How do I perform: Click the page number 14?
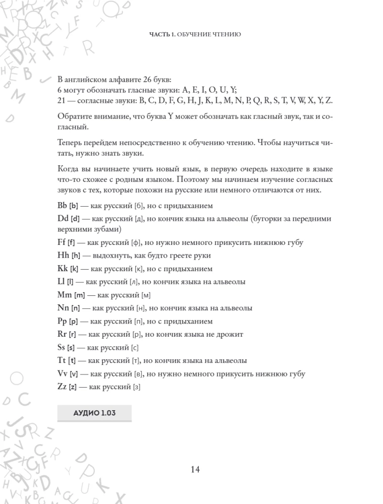click(x=196, y=469)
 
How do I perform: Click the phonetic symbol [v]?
click(x=74, y=374)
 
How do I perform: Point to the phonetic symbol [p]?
click(x=74, y=322)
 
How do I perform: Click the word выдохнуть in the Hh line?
click(x=108, y=256)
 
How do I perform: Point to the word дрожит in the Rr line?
click(x=231, y=334)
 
